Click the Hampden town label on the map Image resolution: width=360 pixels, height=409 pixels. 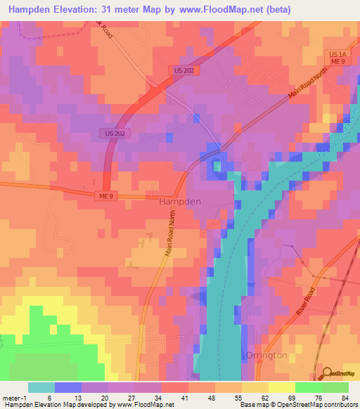180,201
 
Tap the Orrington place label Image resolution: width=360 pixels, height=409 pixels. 266,356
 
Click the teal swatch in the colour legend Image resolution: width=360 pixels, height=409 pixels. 41,387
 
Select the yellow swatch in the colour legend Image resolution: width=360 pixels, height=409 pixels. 281,387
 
